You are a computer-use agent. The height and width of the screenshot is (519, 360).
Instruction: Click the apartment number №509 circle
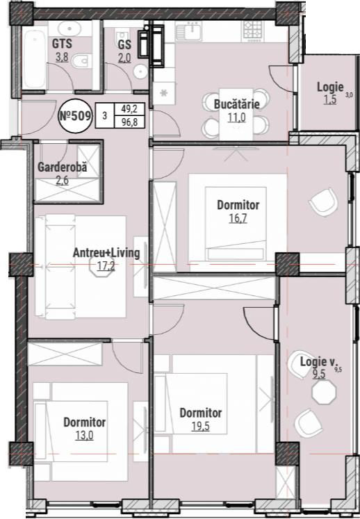(75, 116)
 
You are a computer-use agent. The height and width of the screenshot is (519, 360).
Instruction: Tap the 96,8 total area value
(129, 122)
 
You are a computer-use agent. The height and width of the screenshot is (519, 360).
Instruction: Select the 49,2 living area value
(129, 108)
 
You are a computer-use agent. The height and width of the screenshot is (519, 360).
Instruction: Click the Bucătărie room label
(236, 104)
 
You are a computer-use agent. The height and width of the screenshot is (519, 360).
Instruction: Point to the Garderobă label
(63, 167)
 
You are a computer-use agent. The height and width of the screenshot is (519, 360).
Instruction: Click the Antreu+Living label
(106, 253)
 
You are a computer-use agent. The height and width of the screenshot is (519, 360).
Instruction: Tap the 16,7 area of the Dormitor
(238, 218)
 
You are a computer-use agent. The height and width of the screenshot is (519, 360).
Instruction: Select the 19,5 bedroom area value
(201, 427)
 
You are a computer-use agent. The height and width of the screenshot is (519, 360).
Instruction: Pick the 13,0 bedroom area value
(85, 436)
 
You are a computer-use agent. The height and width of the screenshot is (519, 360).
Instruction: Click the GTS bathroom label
(62, 44)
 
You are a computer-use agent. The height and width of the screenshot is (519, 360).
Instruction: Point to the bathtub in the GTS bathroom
(35, 58)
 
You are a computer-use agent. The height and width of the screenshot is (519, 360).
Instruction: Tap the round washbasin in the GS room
(141, 71)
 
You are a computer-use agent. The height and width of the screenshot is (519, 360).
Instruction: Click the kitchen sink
(190, 31)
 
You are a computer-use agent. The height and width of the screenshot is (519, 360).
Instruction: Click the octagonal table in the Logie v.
(324, 392)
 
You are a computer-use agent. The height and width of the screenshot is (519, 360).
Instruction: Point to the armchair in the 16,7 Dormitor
(323, 202)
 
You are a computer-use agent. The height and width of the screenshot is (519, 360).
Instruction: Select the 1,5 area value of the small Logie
(330, 99)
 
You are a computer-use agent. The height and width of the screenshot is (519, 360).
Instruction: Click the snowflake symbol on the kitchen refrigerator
(164, 93)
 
